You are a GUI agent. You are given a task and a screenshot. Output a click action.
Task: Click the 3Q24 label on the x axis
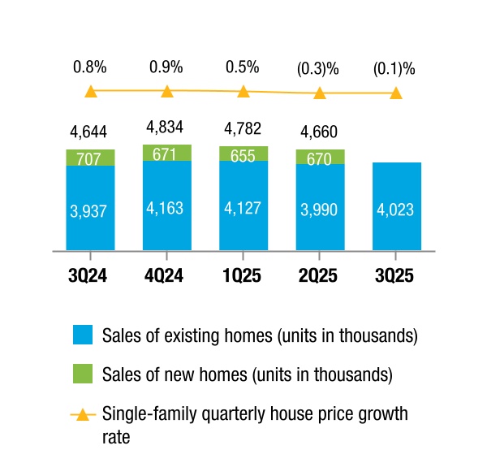90,275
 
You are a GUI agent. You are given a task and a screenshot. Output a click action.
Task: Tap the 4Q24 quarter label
166,275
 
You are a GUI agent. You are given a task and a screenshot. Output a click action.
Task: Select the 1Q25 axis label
243,275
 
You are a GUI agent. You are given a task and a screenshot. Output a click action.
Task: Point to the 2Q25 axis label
320,275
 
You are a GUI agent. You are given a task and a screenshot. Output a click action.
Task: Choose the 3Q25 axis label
396,275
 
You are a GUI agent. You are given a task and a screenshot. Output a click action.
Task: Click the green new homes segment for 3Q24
90,158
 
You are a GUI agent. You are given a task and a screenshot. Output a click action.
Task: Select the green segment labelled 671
166,153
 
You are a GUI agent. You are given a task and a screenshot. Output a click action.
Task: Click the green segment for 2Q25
320,157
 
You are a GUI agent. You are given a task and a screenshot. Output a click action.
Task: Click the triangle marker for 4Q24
166,91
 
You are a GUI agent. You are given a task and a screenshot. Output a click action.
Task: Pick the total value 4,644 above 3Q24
90,131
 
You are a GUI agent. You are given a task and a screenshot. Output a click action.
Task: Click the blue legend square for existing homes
84,335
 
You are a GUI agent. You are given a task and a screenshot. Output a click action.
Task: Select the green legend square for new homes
84,374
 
